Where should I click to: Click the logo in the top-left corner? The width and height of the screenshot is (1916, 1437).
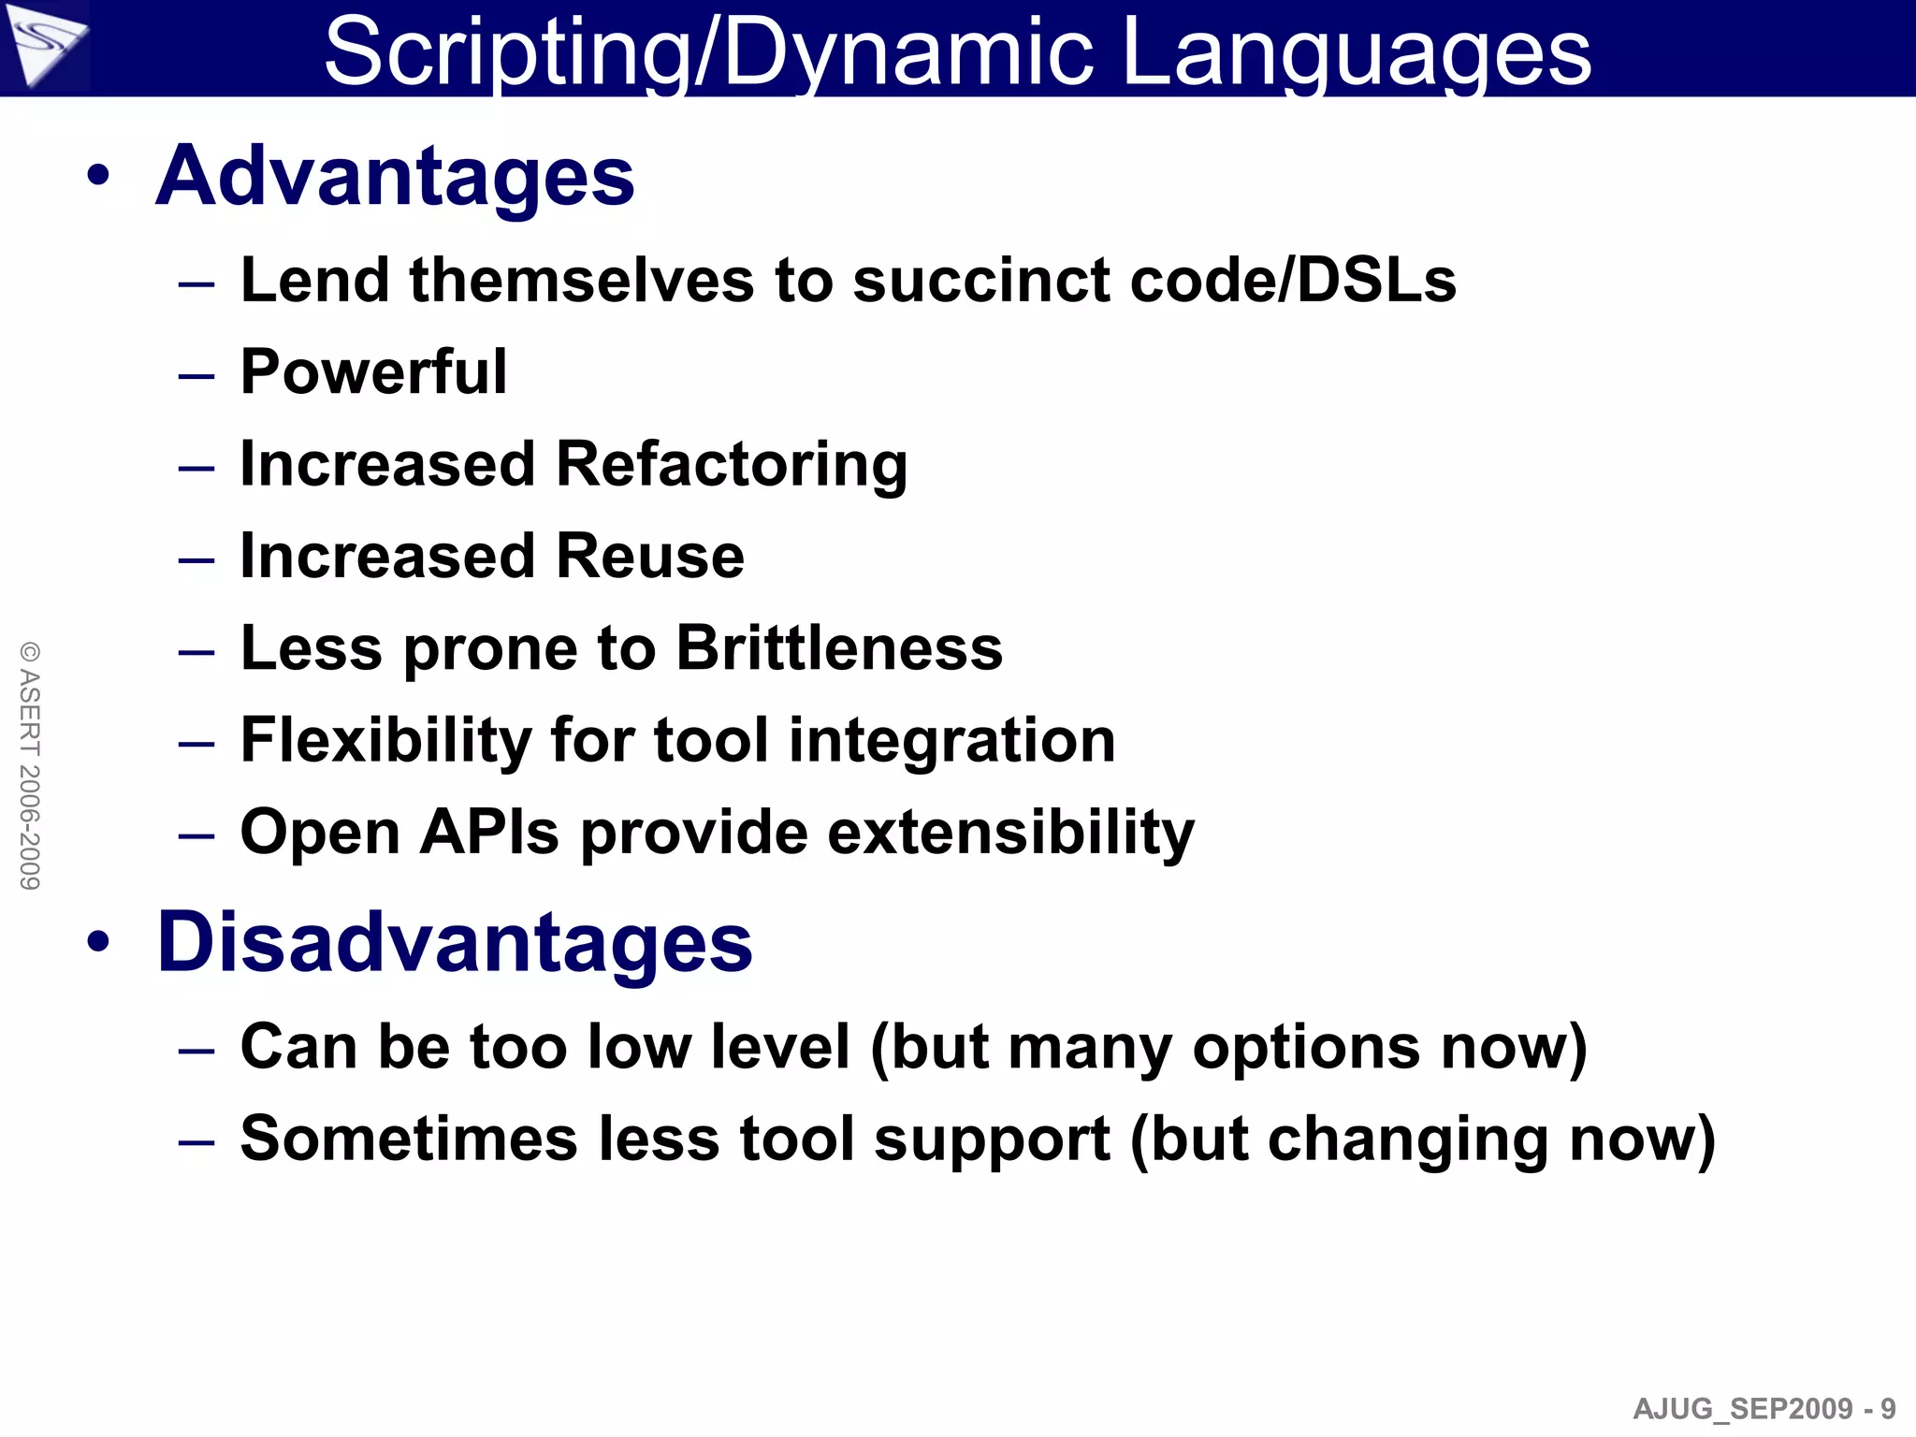pyautogui.click(x=45, y=45)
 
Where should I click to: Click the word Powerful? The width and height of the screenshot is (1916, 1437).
pyautogui.click(x=373, y=371)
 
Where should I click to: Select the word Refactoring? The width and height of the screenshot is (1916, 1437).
pyautogui.click(x=732, y=464)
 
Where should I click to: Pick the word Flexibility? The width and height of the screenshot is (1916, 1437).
pyautogui.click(x=385, y=740)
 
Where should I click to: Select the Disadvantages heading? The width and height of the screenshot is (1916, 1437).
pyautogui.click(x=455, y=942)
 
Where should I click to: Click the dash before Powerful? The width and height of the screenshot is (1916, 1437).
pyautogui.click(x=196, y=376)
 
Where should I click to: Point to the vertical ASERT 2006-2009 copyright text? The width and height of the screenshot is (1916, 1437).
pyautogui.click(x=30, y=765)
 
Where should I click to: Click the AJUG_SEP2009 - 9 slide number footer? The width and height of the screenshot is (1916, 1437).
pyautogui.click(x=1764, y=1408)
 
